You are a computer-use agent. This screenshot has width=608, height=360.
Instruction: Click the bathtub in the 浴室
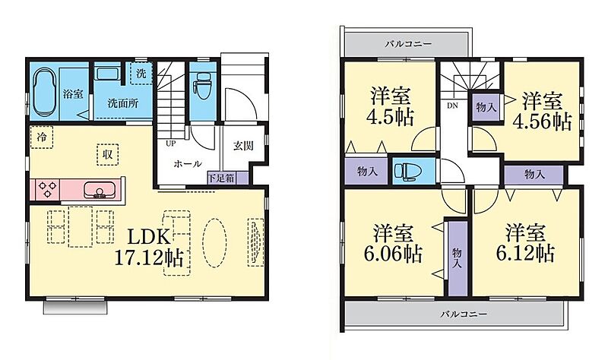click(x=44, y=92)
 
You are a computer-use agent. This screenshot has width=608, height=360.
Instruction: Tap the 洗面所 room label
click(x=123, y=103)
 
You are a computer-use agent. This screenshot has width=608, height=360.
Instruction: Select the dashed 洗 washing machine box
click(x=141, y=73)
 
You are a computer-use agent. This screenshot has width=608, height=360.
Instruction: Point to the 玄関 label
click(x=243, y=146)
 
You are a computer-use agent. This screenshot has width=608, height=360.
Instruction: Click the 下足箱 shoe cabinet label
click(x=221, y=178)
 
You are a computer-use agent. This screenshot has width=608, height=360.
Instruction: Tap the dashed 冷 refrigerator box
click(x=42, y=137)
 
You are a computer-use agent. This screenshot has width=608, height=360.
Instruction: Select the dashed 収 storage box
click(x=107, y=155)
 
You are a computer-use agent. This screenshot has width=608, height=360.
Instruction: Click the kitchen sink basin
click(x=99, y=190)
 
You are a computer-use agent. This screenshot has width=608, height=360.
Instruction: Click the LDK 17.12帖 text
click(x=149, y=248)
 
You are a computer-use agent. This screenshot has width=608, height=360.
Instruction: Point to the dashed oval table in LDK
click(x=215, y=243)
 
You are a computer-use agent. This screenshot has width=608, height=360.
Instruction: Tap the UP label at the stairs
click(x=170, y=144)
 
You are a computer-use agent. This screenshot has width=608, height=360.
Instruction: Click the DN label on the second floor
click(x=452, y=106)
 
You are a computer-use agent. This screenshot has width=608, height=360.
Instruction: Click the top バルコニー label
click(x=408, y=44)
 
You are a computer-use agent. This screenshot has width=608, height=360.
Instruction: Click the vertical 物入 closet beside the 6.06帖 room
click(x=458, y=257)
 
